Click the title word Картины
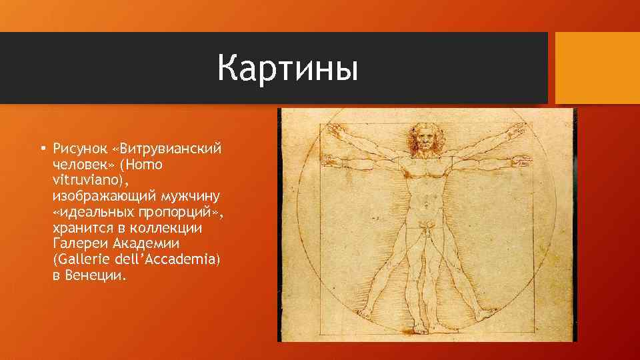point(287,69)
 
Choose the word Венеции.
point(96,276)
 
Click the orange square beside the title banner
point(597,68)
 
